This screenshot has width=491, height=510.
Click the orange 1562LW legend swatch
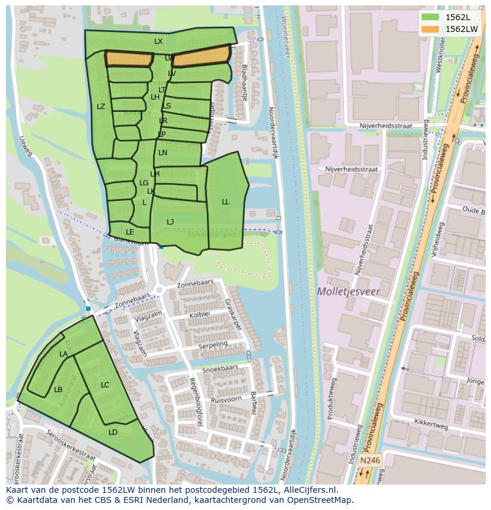pos(431,29)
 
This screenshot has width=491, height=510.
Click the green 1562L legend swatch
pos(431,17)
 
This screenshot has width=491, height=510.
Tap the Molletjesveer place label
pos(348,291)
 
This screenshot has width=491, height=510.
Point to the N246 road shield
pos(369,460)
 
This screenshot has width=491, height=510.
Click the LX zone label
pos(158,41)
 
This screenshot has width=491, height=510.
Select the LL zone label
pos(225,202)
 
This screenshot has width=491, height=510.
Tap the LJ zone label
pos(170,222)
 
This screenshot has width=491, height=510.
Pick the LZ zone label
pos(101,107)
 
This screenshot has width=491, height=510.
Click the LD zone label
pos(113,432)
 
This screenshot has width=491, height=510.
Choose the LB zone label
pos(58,390)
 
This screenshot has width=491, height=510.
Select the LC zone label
pos(105,385)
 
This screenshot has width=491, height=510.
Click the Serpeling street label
pos(213,345)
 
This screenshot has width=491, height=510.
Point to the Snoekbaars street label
pos(220,368)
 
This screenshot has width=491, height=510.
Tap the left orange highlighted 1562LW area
pos(129,59)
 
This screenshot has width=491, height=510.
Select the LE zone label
pos(130,232)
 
